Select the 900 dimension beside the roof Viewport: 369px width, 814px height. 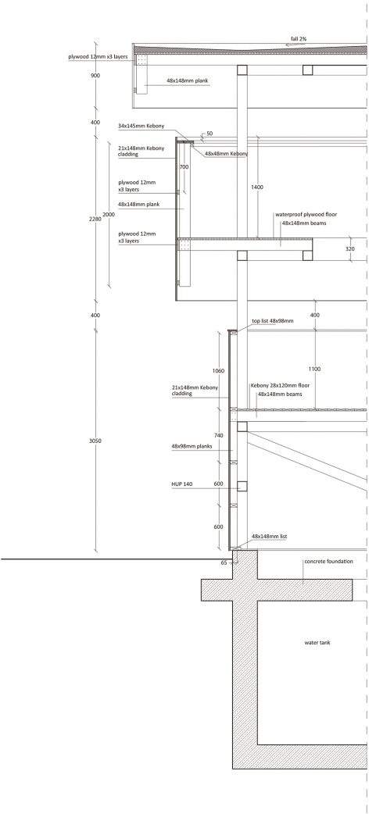(x=95, y=76)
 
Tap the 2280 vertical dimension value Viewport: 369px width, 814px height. (x=95, y=219)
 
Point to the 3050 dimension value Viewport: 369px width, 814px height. (x=95, y=441)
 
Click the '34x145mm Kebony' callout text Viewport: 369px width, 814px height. (x=142, y=126)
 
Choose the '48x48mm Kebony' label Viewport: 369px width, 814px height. (x=226, y=154)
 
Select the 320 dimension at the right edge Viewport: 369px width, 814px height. (x=349, y=249)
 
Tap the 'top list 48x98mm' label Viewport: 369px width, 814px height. (x=272, y=321)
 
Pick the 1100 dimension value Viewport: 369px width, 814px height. (x=314, y=369)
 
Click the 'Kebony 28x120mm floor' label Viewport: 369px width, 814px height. (x=280, y=386)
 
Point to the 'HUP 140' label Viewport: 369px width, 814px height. (x=182, y=484)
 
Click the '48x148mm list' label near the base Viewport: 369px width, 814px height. (x=269, y=536)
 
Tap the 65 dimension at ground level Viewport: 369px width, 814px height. (x=224, y=562)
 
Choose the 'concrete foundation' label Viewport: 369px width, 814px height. (x=329, y=562)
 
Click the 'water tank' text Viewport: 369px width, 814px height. (x=317, y=643)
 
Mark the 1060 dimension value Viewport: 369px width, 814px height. (x=218, y=371)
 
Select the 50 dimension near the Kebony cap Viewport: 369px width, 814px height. (x=210, y=134)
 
